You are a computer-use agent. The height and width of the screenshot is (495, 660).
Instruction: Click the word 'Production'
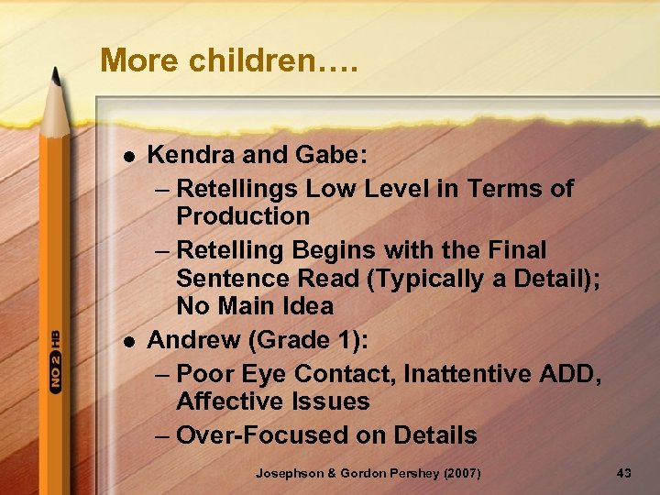tap(243, 216)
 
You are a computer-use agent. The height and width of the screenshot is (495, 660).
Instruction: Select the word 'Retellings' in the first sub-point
tap(237, 189)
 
